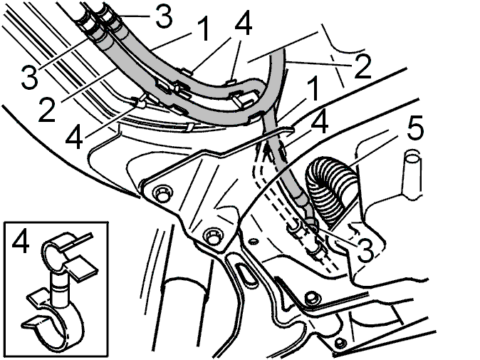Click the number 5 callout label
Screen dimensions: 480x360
tap(415, 128)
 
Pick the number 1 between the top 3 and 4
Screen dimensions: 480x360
tap(203, 29)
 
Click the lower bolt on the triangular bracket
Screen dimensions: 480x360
tap(212, 237)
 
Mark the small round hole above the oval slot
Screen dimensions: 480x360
tap(253, 242)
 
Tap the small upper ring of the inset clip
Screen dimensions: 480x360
tap(55, 250)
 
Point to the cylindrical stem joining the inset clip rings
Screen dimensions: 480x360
tap(58, 289)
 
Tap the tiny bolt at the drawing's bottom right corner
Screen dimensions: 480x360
tap(339, 342)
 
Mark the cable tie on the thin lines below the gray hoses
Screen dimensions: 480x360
tap(189, 128)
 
